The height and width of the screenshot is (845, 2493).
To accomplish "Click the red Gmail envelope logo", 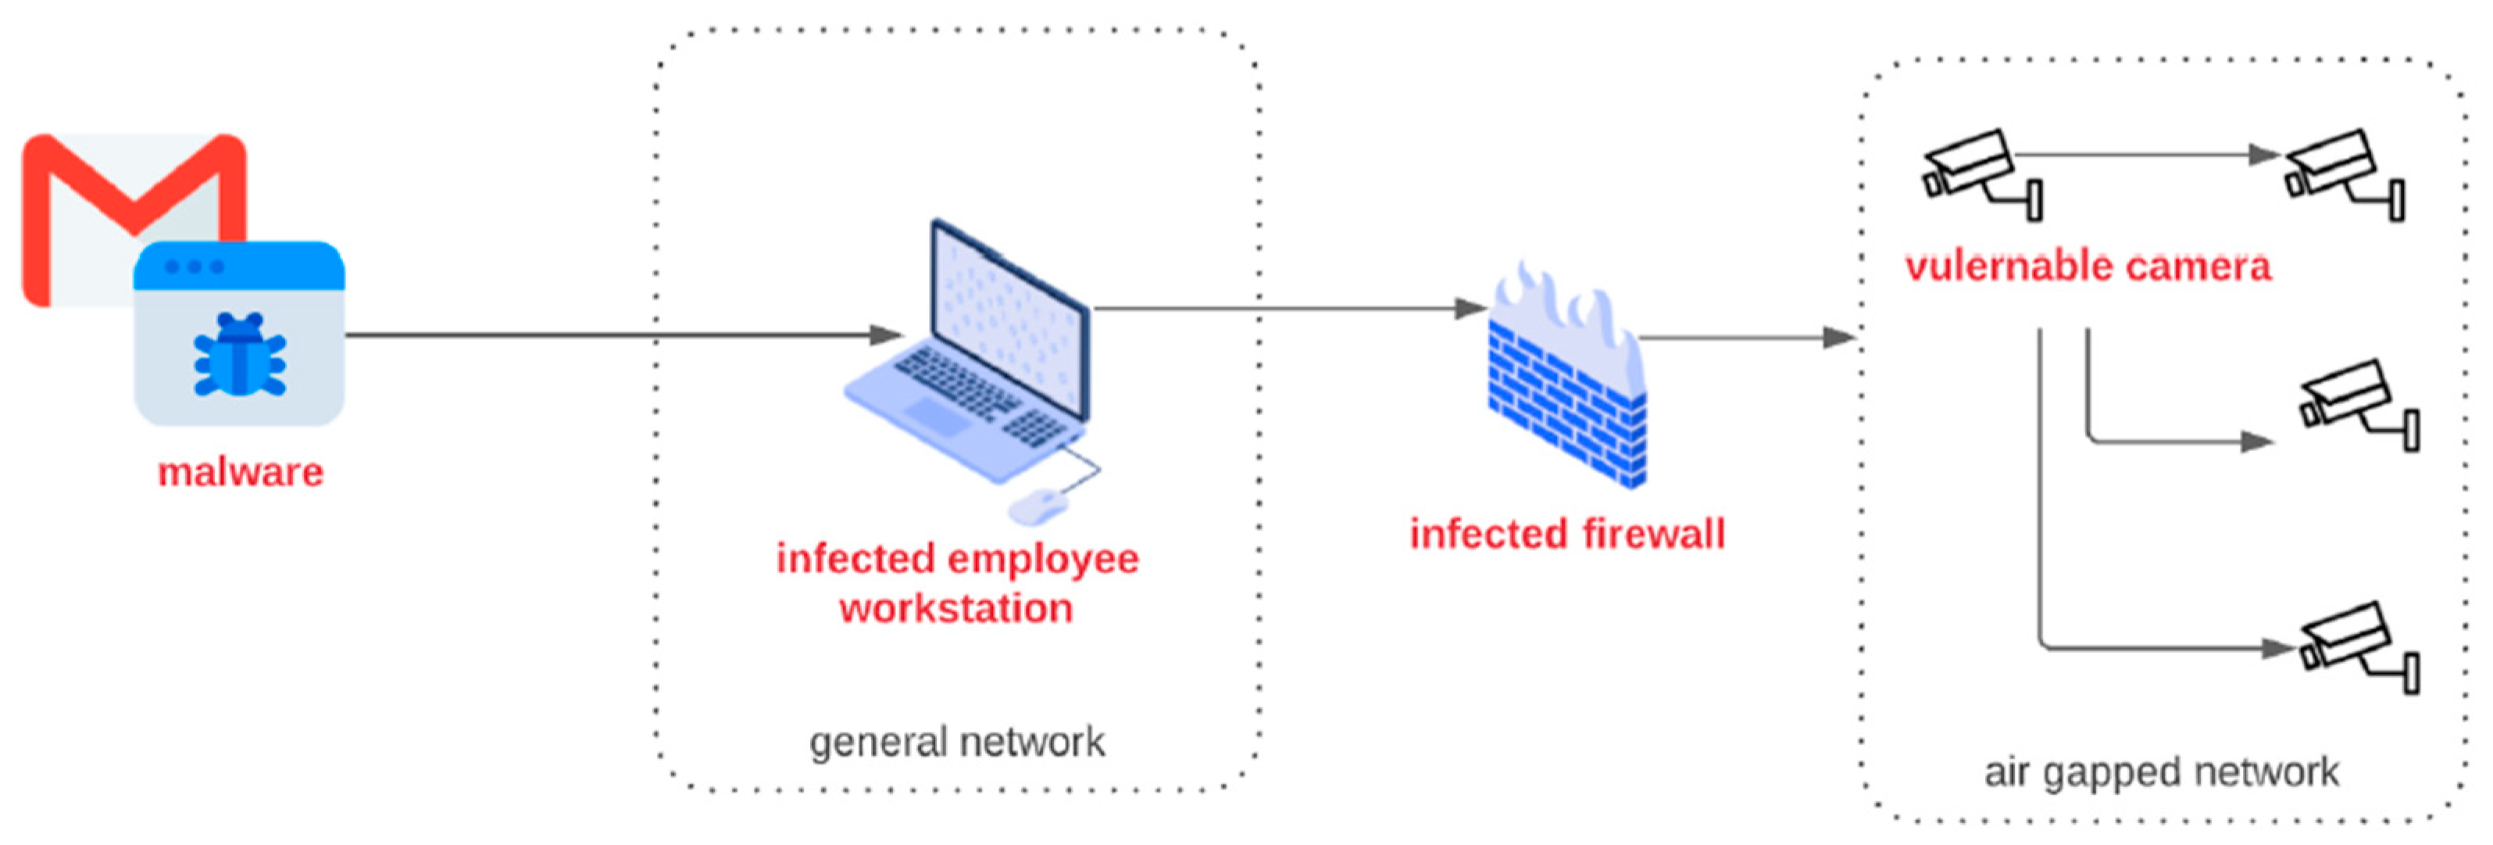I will point(87,184).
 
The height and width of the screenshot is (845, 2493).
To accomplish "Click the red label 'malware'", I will point(240,472).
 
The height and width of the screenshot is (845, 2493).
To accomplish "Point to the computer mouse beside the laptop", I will point(1038,504).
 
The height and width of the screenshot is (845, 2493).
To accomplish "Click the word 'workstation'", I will point(956,609).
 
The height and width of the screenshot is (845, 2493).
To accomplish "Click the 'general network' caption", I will point(956,743).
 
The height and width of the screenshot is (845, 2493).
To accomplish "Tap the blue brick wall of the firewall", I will point(1563,406).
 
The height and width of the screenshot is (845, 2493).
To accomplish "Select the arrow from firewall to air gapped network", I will point(1742,338).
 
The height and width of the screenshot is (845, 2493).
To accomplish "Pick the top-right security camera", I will point(2342,174).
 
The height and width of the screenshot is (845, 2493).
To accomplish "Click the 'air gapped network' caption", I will point(2160,772).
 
